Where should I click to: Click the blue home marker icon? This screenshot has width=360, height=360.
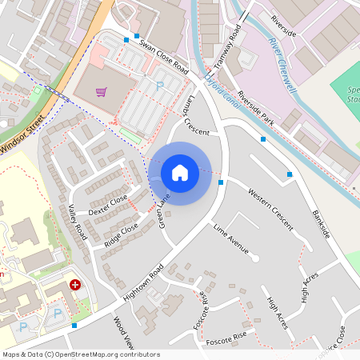click(180, 172)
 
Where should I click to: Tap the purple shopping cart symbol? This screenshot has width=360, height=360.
click(101, 91)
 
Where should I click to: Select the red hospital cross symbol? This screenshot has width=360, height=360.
click(75, 284)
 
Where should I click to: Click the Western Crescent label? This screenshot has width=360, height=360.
click(270, 209)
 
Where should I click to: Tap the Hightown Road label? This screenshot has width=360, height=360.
click(143, 282)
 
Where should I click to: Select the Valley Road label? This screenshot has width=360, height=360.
click(77, 221)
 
